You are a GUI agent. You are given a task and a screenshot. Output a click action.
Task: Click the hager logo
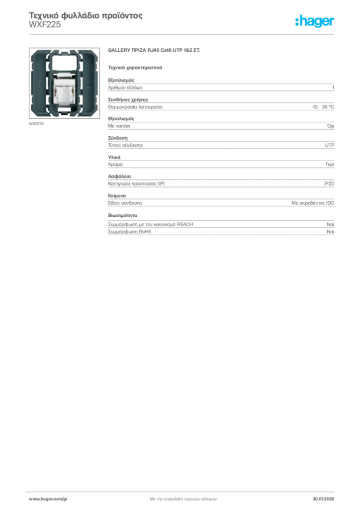314,21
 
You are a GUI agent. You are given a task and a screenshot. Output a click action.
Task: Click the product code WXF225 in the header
45,25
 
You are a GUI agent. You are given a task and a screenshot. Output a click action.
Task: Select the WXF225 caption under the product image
36,124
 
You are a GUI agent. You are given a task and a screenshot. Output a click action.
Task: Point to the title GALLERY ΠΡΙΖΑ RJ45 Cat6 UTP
154,50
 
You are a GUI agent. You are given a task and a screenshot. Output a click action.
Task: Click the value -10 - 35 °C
323,107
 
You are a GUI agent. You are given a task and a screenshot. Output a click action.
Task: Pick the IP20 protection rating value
329,184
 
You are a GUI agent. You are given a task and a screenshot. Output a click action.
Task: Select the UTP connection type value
330,146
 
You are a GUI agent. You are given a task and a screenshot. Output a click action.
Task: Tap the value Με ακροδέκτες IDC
313,203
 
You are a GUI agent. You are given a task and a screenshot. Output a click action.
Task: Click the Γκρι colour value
330,165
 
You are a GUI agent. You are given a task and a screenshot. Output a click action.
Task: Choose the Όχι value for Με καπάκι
331,126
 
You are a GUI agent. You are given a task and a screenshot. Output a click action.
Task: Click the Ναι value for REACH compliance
331,224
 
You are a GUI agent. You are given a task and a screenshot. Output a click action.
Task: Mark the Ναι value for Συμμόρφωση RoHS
331,232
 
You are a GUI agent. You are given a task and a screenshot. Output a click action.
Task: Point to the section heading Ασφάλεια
119,176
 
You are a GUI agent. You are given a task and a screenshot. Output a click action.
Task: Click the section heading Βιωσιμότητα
123,215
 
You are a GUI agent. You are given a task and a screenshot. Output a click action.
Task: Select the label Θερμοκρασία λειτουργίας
135,107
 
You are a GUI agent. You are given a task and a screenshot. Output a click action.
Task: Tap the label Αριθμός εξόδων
125,87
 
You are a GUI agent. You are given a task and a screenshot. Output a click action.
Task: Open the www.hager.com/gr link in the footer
48,499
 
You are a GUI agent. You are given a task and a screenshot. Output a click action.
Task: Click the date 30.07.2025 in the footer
323,499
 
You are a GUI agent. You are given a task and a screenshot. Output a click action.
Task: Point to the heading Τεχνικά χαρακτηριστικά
135,68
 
